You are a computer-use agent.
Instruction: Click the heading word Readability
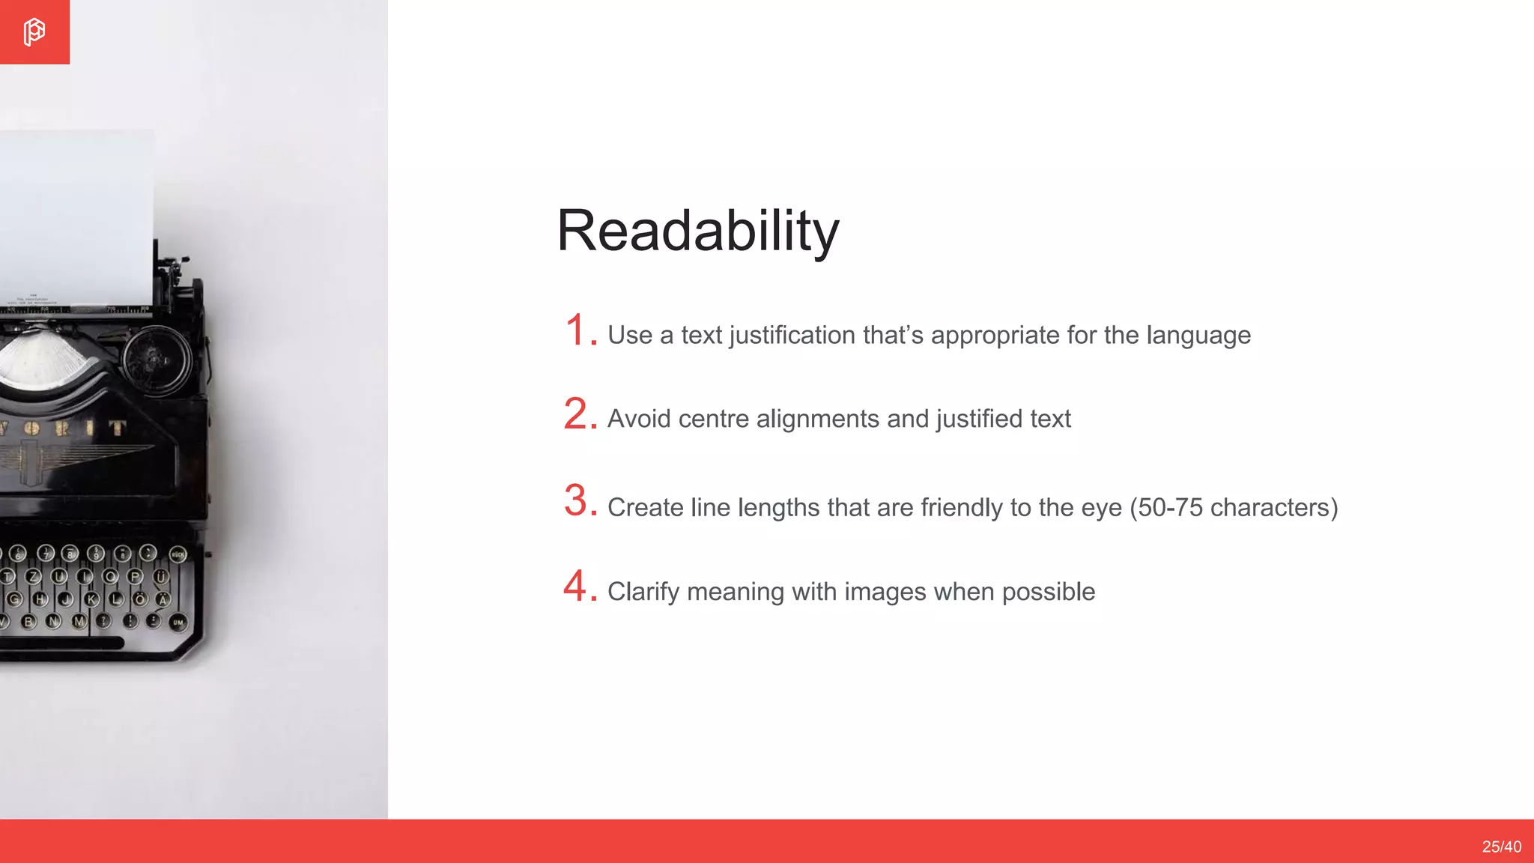pos(697,231)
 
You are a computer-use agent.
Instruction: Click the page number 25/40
pos(1501,847)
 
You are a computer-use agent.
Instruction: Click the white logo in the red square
pos(34,32)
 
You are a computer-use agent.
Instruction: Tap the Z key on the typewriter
pos(34,577)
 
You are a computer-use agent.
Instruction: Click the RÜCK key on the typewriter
pos(178,555)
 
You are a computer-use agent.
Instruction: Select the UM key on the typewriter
pos(178,623)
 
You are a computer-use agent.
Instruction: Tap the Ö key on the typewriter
pos(139,599)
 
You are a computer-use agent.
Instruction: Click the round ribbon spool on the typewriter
pos(157,360)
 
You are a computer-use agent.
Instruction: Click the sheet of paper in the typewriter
pos(75,217)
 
